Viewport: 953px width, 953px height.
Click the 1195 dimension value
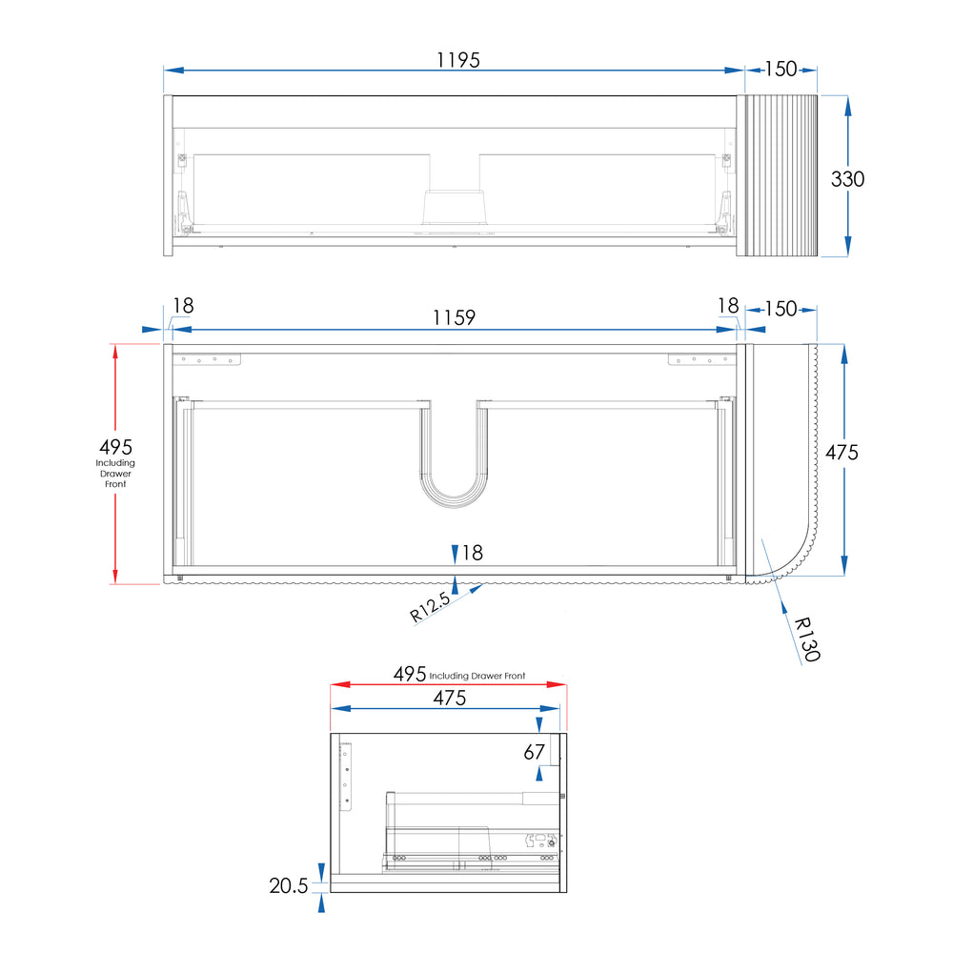pyautogui.click(x=458, y=60)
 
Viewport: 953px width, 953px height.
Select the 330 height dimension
pyautogui.click(x=847, y=179)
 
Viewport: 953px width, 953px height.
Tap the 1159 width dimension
pyautogui.click(x=454, y=318)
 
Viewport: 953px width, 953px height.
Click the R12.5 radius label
pyautogui.click(x=430, y=606)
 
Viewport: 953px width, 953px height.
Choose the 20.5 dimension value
pyautogui.click(x=289, y=885)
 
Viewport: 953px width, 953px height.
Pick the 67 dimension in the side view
pyautogui.click(x=535, y=753)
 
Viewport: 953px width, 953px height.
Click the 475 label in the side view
pyautogui.click(x=450, y=698)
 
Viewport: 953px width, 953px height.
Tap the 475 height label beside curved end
pyautogui.click(x=841, y=452)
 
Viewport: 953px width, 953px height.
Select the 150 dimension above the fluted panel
pyautogui.click(x=781, y=69)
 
